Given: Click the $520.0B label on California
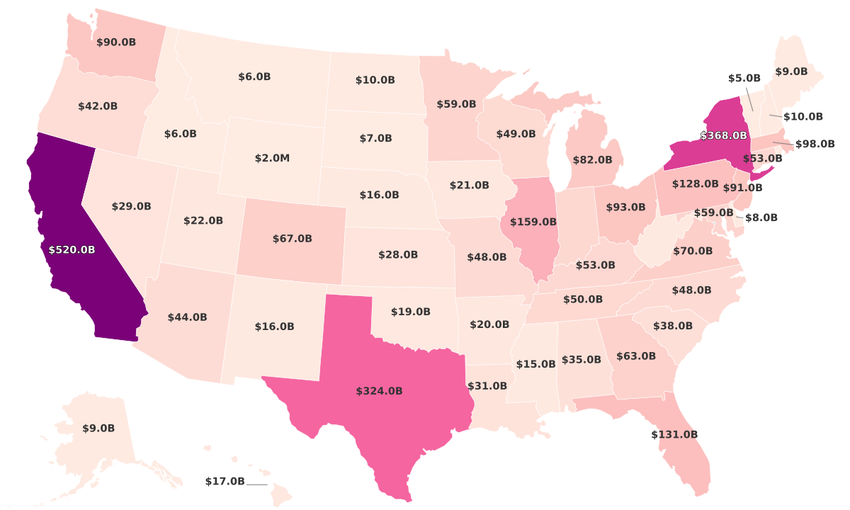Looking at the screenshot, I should tap(72, 249).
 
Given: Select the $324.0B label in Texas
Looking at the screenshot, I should tap(379, 390).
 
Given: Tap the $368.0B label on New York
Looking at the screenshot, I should tap(723, 135).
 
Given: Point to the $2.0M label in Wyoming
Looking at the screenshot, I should tap(272, 158).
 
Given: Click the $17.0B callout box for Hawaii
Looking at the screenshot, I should tap(225, 482).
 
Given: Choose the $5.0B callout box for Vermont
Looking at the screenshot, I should tap(744, 78).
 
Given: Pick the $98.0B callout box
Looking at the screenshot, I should tap(815, 144).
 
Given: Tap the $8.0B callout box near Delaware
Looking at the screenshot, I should tap(761, 217).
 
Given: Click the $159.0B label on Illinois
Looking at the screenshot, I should tap(533, 222).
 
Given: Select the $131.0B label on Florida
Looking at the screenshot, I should tap(674, 434).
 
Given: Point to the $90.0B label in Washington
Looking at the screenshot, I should tap(116, 42).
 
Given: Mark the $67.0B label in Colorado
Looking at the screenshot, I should tap(292, 239).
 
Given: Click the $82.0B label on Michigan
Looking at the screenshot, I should tap(592, 160).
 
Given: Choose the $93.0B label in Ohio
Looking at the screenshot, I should tap(625, 208).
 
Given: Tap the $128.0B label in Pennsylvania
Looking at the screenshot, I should tap(695, 183).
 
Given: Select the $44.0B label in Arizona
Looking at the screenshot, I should tap(187, 317).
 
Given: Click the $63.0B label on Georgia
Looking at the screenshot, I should tap(635, 356).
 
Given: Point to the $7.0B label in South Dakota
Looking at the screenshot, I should tap(375, 138).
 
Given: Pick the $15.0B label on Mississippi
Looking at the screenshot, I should tap(535, 364).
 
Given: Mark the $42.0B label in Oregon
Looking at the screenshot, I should tap(98, 106).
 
